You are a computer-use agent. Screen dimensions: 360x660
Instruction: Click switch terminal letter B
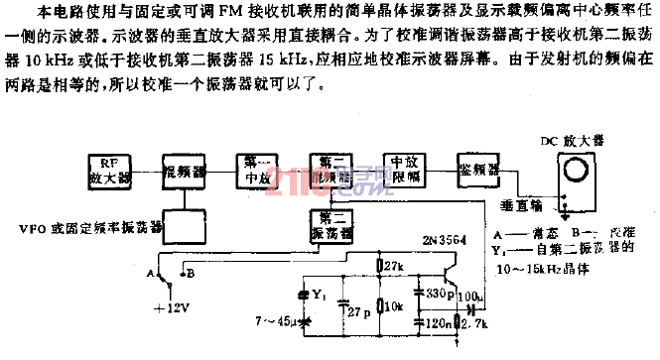[191, 269]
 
